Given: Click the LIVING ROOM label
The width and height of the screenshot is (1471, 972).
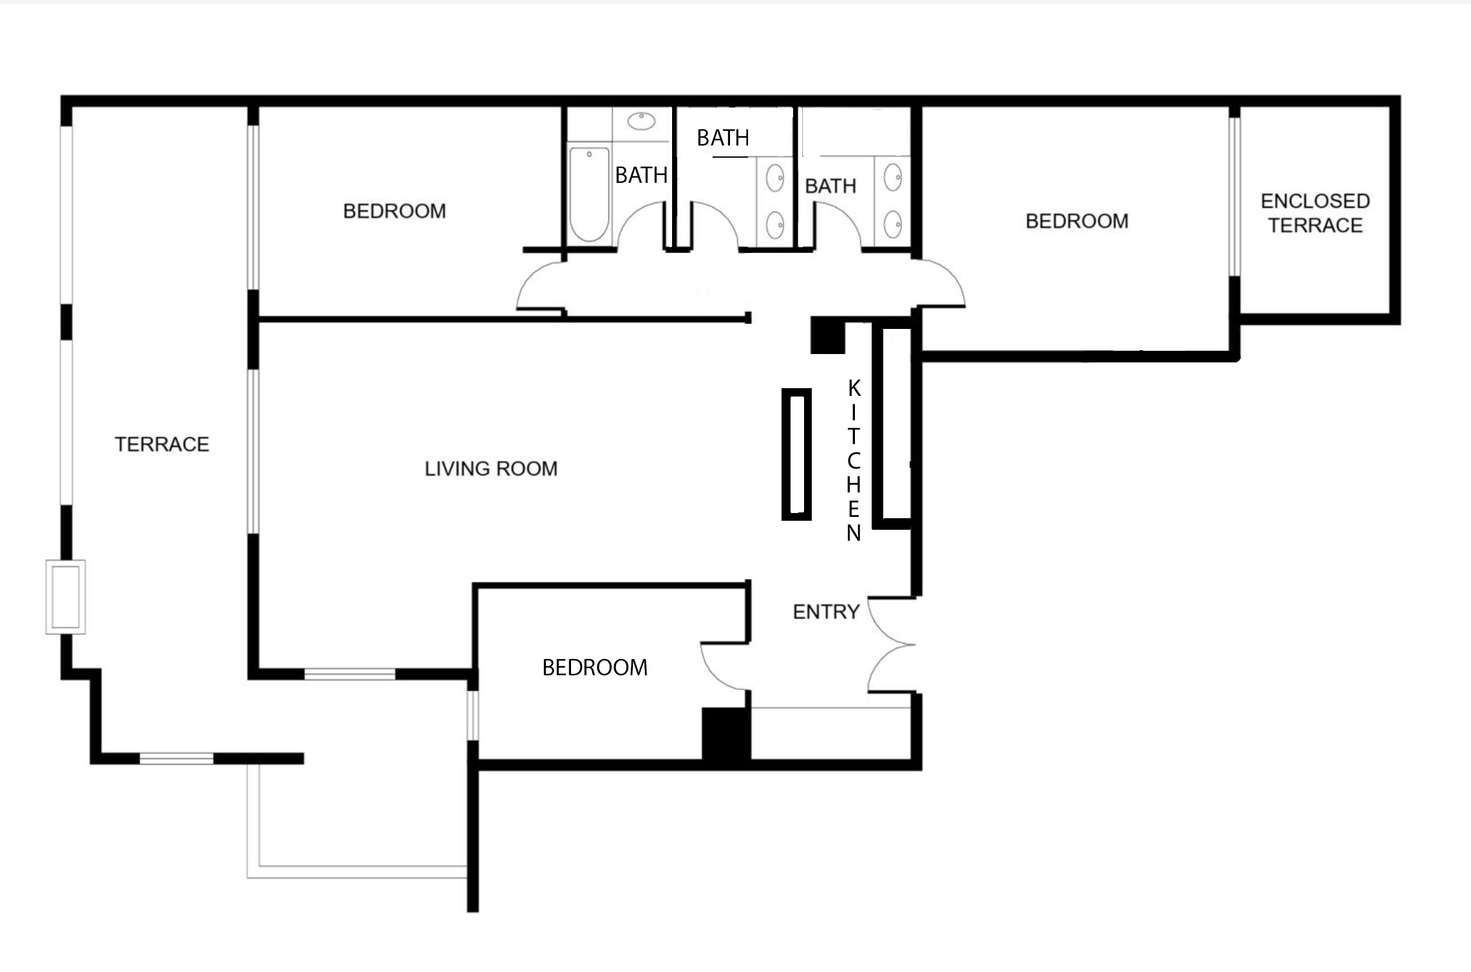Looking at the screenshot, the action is [491, 469].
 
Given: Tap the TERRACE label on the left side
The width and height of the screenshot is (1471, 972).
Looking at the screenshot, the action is [162, 444].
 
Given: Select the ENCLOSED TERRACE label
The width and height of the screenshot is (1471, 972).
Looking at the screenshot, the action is [1315, 213].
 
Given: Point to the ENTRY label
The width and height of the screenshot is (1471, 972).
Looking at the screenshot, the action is [826, 612].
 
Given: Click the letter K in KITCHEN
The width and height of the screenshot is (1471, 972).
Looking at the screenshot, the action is [854, 388].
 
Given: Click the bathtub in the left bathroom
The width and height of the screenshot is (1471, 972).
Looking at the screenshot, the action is [589, 194].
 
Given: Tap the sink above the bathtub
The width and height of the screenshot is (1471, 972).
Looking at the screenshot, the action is [641, 121].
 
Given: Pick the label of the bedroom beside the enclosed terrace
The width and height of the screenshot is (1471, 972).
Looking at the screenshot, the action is [1077, 221].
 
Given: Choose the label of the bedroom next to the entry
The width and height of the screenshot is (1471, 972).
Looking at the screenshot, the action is [595, 668].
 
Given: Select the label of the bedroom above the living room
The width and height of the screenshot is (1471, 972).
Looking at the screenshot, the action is [395, 211].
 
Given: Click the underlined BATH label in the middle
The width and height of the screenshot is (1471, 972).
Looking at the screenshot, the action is [723, 138].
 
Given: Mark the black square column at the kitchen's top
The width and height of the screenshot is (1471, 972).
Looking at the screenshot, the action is [827, 335].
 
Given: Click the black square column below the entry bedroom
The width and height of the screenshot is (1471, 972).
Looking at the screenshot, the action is [726, 735].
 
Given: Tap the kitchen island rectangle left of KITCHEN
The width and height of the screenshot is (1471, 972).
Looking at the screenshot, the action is [796, 454].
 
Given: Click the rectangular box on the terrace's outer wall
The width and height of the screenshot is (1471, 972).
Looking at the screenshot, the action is [66, 597].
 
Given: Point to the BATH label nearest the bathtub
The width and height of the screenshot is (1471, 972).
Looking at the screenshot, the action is [641, 175].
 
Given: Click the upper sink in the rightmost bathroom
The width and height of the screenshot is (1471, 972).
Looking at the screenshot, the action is [893, 177].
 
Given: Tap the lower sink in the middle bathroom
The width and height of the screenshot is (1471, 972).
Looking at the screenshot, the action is [775, 225].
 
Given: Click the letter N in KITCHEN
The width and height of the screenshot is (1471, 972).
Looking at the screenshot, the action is [854, 534].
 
